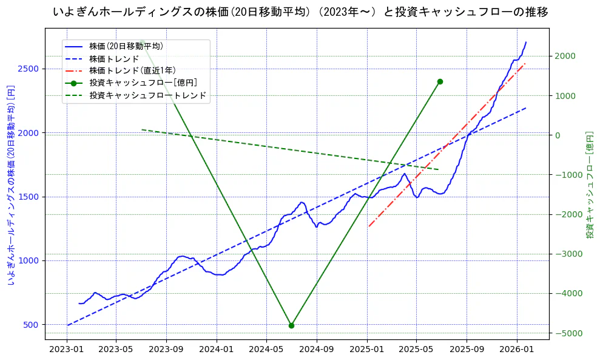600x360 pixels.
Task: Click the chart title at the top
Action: point(300,12)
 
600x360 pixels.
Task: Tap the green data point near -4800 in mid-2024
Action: point(291,325)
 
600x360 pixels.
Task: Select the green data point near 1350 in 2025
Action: point(440,81)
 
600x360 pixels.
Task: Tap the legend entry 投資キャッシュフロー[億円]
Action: point(143,83)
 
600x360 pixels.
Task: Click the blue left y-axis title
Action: point(10,185)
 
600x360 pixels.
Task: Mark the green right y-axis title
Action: point(589,184)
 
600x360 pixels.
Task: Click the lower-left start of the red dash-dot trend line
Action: point(368,226)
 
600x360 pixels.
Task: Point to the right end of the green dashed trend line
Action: point(439,169)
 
